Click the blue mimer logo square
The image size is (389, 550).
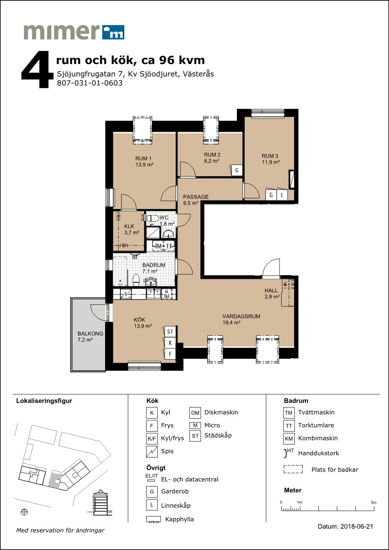(x=113, y=32)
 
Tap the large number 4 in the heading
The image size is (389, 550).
(x=38, y=69)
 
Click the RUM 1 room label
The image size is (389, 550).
(x=143, y=158)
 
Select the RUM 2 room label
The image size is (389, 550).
(x=212, y=155)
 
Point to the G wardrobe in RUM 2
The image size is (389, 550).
(x=237, y=170)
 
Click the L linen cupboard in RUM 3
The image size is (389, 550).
(x=282, y=195)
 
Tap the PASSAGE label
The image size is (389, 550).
(x=196, y=197)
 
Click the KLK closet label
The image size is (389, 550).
(x=129, y=226)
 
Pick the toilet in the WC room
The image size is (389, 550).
(x=153, y=218)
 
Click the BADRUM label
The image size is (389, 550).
(x=154, y=265)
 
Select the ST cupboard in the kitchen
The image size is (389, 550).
(x=170, y=332)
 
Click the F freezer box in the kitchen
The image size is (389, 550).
(x=170, y=354)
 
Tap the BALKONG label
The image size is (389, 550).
(x=90, y=334)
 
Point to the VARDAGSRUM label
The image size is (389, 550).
(x=241, y=316)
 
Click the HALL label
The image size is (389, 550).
(x=271, y=290)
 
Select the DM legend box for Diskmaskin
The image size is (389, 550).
(x=195, y=413)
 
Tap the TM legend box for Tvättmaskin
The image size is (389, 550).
(x=289, y=413)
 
